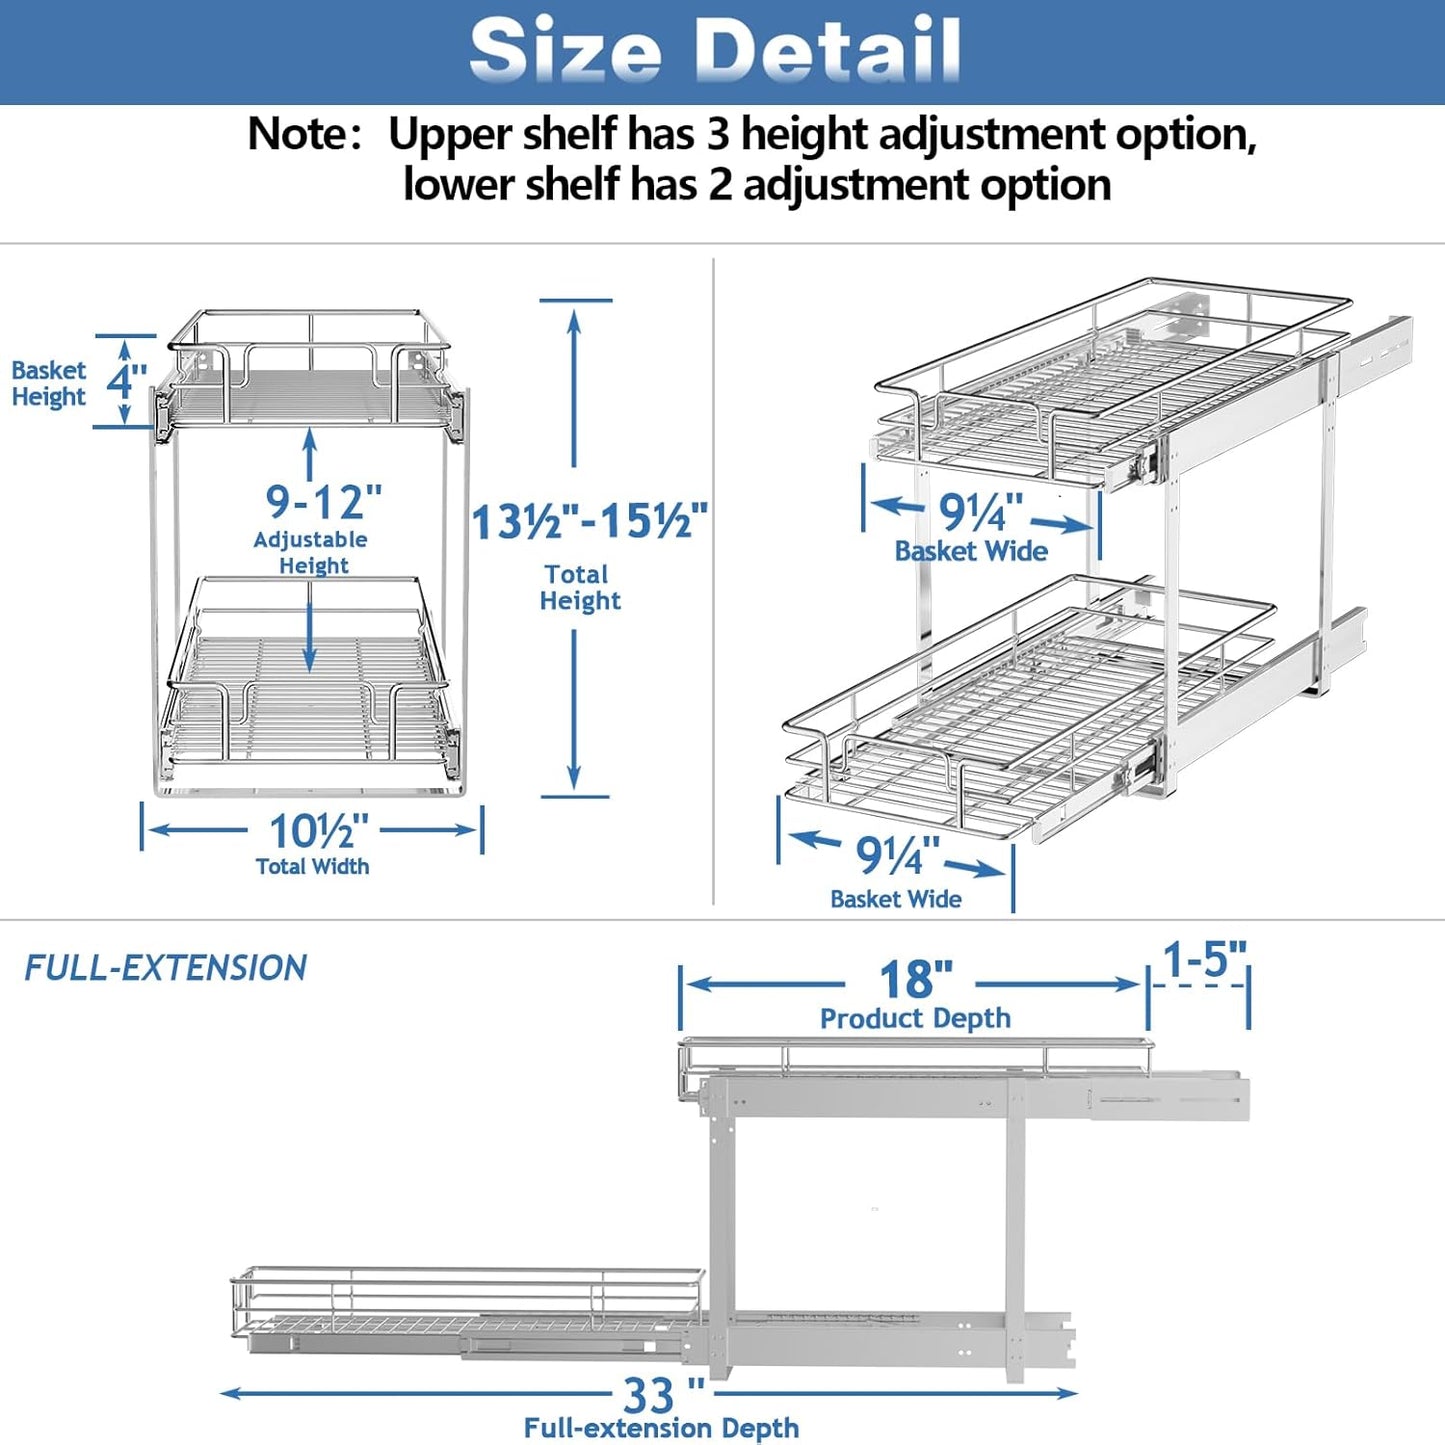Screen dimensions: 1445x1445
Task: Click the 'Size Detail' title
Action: [716, 50]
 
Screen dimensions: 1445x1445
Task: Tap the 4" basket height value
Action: [127, 381]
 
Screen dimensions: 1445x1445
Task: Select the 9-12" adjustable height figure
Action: [323, 500]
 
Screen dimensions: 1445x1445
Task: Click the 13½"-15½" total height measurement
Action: [590, 522]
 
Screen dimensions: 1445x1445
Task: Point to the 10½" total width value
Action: [318, 831]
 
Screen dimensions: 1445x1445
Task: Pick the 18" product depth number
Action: [915, 980]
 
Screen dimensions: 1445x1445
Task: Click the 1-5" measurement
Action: [1204, 960]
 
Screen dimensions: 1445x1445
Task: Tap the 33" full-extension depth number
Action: [661, 1393]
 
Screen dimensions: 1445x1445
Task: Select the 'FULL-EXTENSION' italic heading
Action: [165, 968]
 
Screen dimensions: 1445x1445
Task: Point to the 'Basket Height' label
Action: [48, 383]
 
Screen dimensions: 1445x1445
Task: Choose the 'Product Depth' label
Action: [915, 1018]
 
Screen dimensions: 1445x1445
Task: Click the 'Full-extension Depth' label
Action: [661, 1428]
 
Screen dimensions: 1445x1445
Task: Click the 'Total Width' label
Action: [312, 866]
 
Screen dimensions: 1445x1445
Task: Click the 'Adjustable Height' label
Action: [311, 552]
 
